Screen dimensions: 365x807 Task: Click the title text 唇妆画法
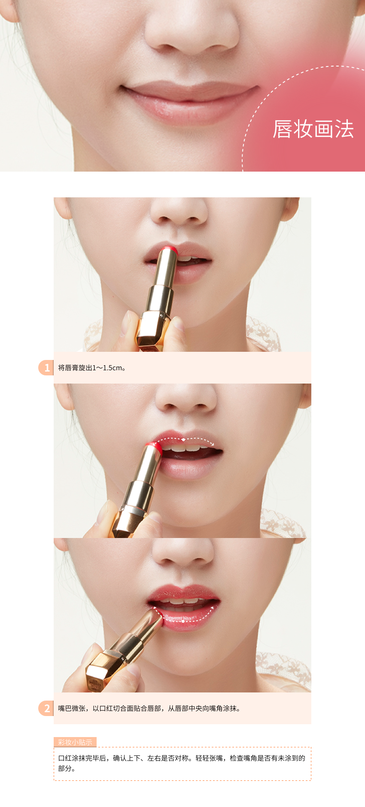pos(313,129)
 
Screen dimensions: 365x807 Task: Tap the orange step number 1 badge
pos(46,368)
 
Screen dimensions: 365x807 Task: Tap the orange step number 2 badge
pos(46,708)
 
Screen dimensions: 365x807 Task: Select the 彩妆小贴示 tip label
pos(75,742)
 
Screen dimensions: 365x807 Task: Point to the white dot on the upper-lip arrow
pos(184,439)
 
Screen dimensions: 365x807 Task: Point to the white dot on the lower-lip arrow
pos(183,621)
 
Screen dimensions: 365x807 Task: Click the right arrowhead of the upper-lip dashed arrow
pos(212,444)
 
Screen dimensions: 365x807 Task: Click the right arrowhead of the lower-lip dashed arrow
pos(212,608)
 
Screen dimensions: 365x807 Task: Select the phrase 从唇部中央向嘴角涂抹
pos(202,708)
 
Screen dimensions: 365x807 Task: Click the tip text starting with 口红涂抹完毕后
pos(182,763)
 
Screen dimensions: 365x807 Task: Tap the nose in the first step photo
pos(179,210)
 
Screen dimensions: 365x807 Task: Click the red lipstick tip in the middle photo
pos(154,447)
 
